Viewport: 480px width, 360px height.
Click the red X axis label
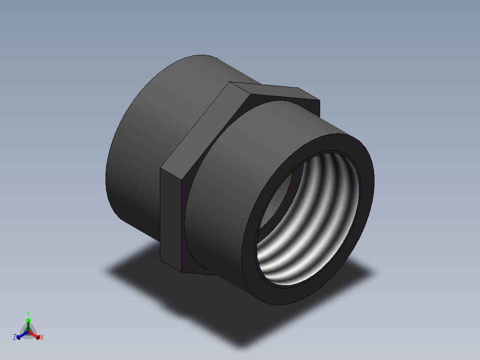click(41, 338)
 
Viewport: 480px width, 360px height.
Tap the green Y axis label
click(28, 313)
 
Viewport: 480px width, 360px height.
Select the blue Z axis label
click(15, 337)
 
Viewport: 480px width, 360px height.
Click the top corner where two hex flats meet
click(230, 82)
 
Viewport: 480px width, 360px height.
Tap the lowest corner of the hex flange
click(183, 272)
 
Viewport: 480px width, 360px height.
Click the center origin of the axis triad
click(28, 331)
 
